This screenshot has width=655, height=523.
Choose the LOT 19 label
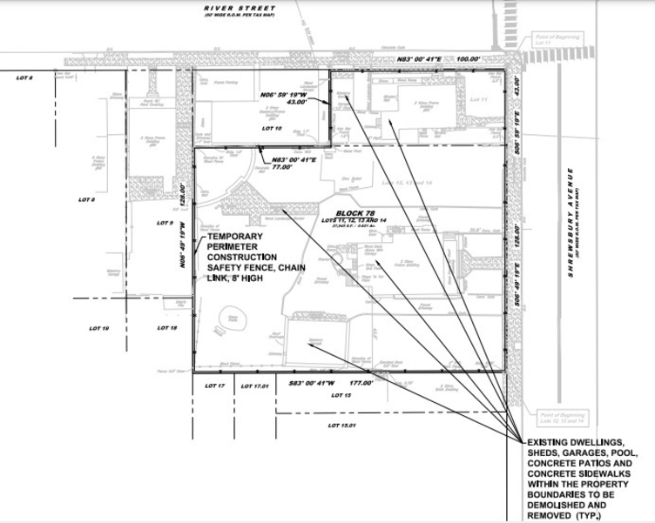point(99,328)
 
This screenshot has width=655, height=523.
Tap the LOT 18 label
point(167,328)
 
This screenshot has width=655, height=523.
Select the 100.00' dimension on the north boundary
point(469,58)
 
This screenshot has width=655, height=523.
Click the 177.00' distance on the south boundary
point(361,383)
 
